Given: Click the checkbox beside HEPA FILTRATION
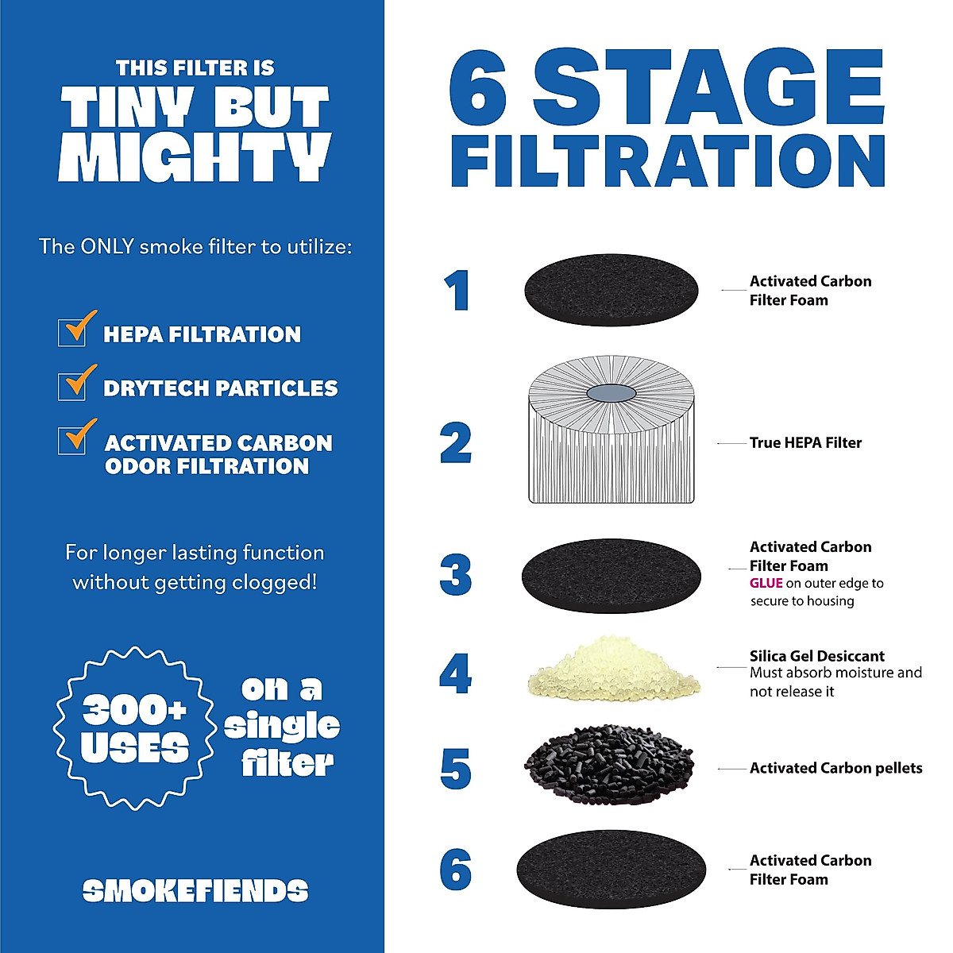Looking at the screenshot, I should click(x=72, y=332).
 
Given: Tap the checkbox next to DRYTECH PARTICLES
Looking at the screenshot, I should click(x=72, y=386).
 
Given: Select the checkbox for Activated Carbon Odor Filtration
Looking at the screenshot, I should click(x=72, y=440).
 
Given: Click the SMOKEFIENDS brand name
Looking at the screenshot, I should click(x=195, y=891).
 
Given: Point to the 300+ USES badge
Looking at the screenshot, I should click(x=134, y=728).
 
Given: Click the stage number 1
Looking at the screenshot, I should click(x=457, y=291).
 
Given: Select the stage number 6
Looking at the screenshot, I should click(x=456, y=869).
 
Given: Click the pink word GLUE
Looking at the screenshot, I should click(x=766, y=583).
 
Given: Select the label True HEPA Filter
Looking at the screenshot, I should click(x=805, y=443).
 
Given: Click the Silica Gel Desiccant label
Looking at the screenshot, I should click(x=816, y=656).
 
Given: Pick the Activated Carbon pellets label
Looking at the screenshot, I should click(x=835, y=768).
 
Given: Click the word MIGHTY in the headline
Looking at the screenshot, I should click(x=195, y=156).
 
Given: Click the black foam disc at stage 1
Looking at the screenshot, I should click(x=611, y=290).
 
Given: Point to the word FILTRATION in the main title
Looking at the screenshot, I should click(x=667, y=160).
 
